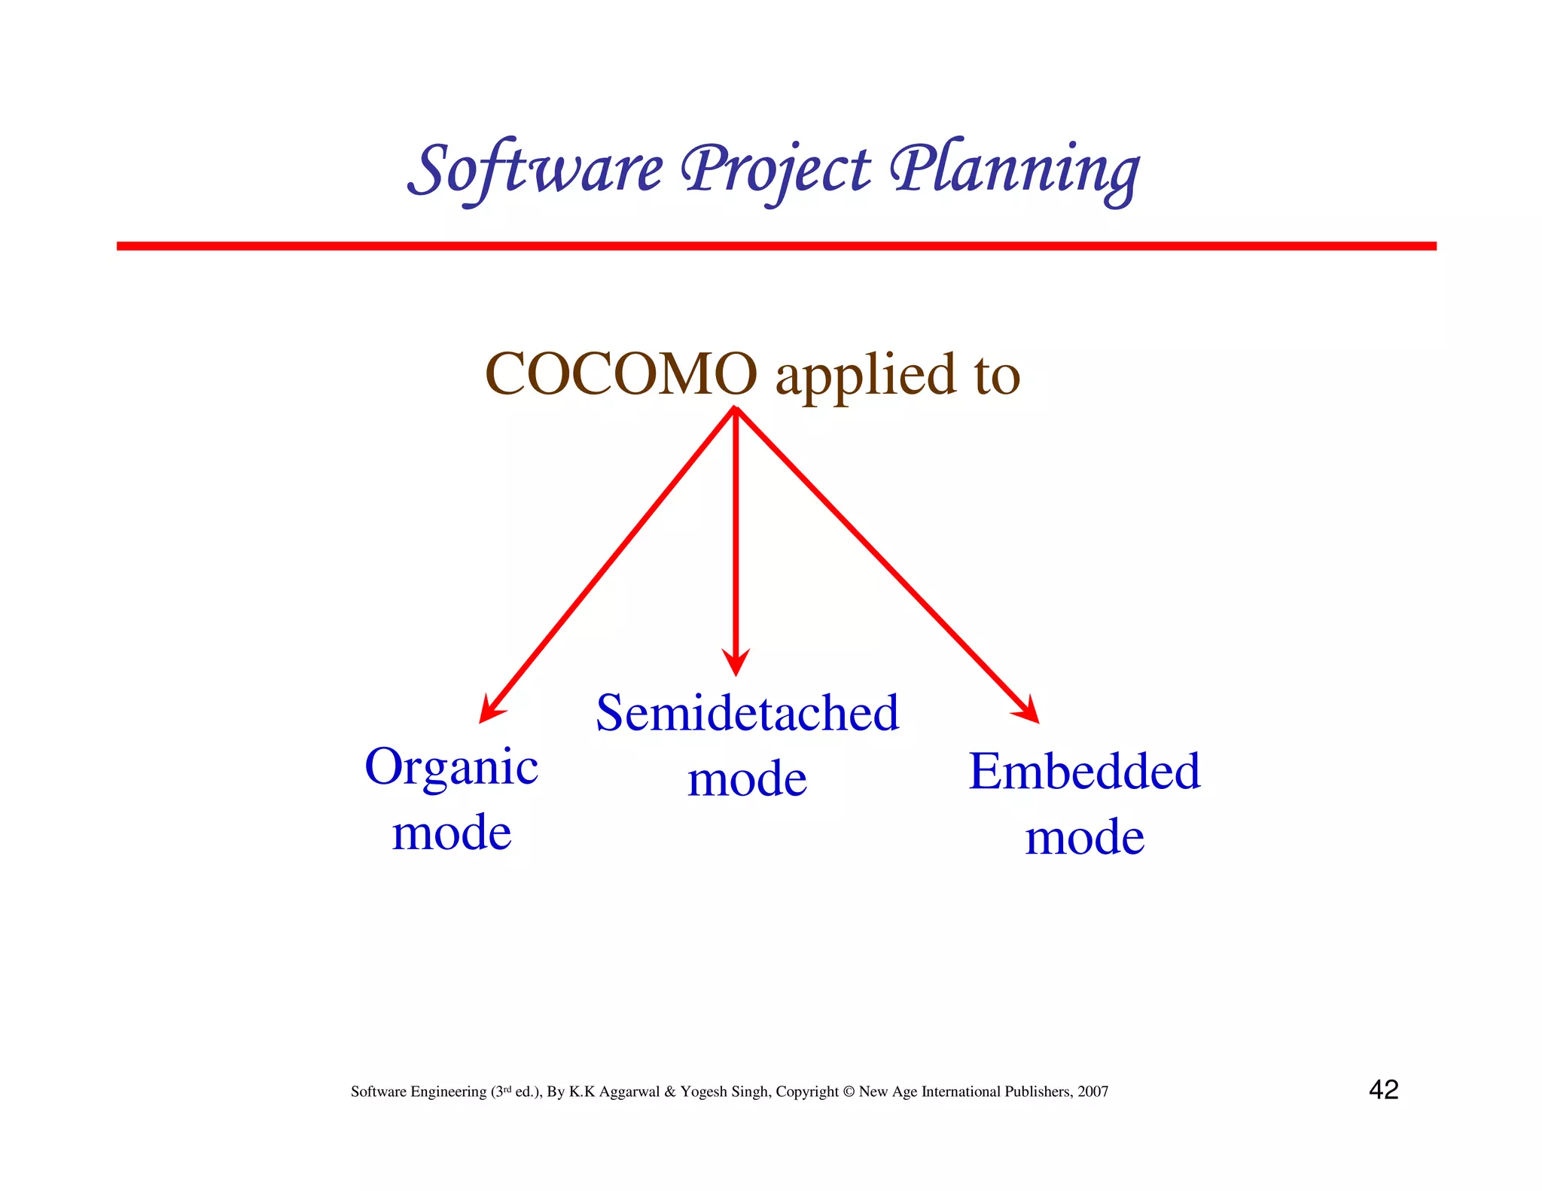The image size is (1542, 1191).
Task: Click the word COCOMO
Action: click(621, 374)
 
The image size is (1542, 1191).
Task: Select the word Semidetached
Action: click(748, 713)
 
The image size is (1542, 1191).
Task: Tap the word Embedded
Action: click(1084, 772)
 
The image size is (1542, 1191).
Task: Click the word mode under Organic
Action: click(452, 833)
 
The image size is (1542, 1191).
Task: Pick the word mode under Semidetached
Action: click(748, 778)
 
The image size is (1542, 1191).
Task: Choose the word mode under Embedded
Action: click(1084, 837)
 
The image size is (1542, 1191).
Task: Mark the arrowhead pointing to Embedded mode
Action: click(1030, 712)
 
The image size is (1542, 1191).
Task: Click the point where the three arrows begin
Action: click(736, 409)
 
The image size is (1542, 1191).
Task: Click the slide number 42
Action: click(1383, 1089)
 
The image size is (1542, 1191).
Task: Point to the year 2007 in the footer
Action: click(1093, 1092)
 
